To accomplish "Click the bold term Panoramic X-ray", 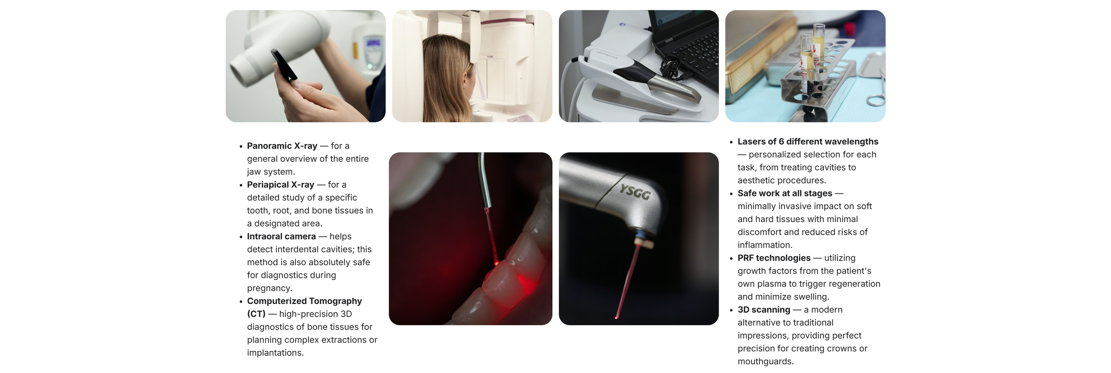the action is point(282,146).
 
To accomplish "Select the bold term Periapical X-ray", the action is point(280,185).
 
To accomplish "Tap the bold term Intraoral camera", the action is point(281,236).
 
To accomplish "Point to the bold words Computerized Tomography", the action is point(304,301).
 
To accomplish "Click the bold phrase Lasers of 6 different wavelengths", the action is point(808,142).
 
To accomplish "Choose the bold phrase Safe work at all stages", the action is point(785,193).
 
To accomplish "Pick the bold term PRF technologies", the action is point(774,258).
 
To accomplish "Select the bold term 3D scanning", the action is point(764,310).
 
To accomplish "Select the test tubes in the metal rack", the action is point(812,52).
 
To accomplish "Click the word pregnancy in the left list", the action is point(269,288).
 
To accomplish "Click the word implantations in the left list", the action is point(274,353).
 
